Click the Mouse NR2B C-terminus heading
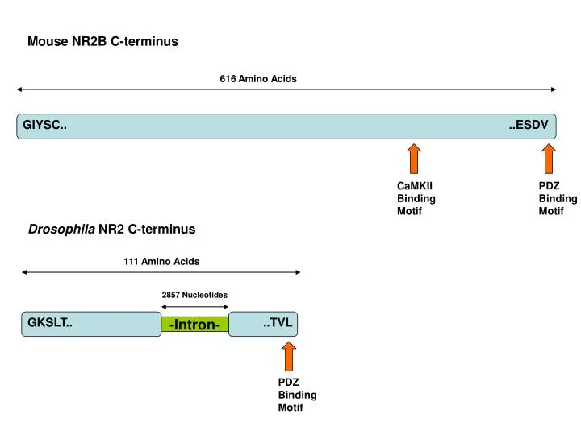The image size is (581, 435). point(102,41)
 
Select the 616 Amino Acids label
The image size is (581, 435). point(258,79)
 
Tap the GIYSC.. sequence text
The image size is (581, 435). point(44,125)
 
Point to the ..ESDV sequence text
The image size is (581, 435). point(529,125)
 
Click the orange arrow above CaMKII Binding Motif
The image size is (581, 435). point(414,159)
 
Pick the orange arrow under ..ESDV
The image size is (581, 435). point(549,159)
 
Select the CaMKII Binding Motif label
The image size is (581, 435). point(416,198)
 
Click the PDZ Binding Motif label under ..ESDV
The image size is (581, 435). point(558,198)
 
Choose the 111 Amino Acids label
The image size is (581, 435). point(161,262)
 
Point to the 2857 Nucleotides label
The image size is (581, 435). point(194,295)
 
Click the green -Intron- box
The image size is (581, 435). point(194,325)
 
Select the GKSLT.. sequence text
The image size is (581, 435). point(50,323)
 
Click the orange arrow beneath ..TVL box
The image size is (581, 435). point(288,355)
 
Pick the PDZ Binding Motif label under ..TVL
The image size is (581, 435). point(297,395)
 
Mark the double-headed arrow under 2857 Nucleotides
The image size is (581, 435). point(194,307)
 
